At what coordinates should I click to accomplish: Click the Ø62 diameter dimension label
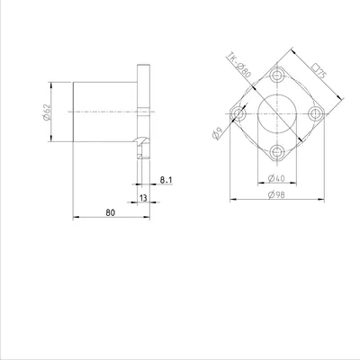47,112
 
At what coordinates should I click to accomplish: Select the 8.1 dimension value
166,180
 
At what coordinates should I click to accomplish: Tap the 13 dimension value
143,198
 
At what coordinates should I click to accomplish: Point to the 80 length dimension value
111,212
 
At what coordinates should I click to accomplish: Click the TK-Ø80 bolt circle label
238,65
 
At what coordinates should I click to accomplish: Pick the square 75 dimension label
319,71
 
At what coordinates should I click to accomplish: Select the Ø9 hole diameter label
217,134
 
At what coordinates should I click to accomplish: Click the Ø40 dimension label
276,178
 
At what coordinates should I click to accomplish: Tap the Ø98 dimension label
276,195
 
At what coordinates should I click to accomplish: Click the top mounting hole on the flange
277,75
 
